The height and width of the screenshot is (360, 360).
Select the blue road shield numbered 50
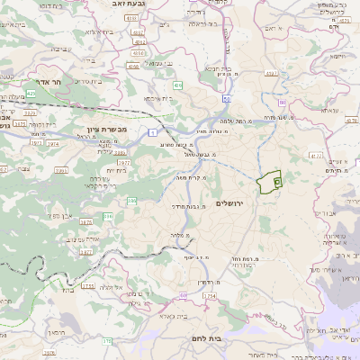226,97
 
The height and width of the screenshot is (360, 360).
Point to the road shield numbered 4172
315,155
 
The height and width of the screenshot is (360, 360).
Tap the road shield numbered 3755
87,285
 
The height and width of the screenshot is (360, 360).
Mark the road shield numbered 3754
210,296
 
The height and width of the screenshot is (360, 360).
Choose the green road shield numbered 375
107,341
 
